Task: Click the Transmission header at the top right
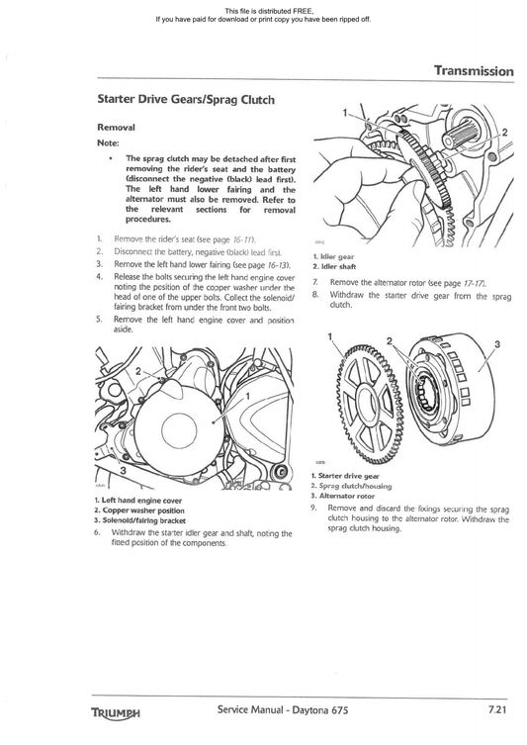[x=474, y=71]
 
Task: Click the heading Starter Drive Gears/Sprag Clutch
[x=186, y=100]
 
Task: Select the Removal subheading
[x=116, y=128]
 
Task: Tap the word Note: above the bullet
[x=109, y=142]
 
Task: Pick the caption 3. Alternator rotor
[x=343, y=495]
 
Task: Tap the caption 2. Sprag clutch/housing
[x=351, y=486]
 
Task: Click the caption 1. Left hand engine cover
[x=138, y=500]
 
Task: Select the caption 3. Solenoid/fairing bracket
[x=139, y=519]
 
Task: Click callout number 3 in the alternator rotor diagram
[x=497, y=344]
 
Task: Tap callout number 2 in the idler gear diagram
[x=505, y=132]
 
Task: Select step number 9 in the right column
[x=312, y=508]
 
